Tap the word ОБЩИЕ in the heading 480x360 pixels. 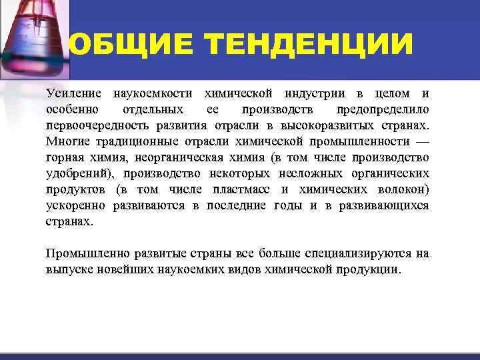point(129,45)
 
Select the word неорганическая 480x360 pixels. point(199,157)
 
